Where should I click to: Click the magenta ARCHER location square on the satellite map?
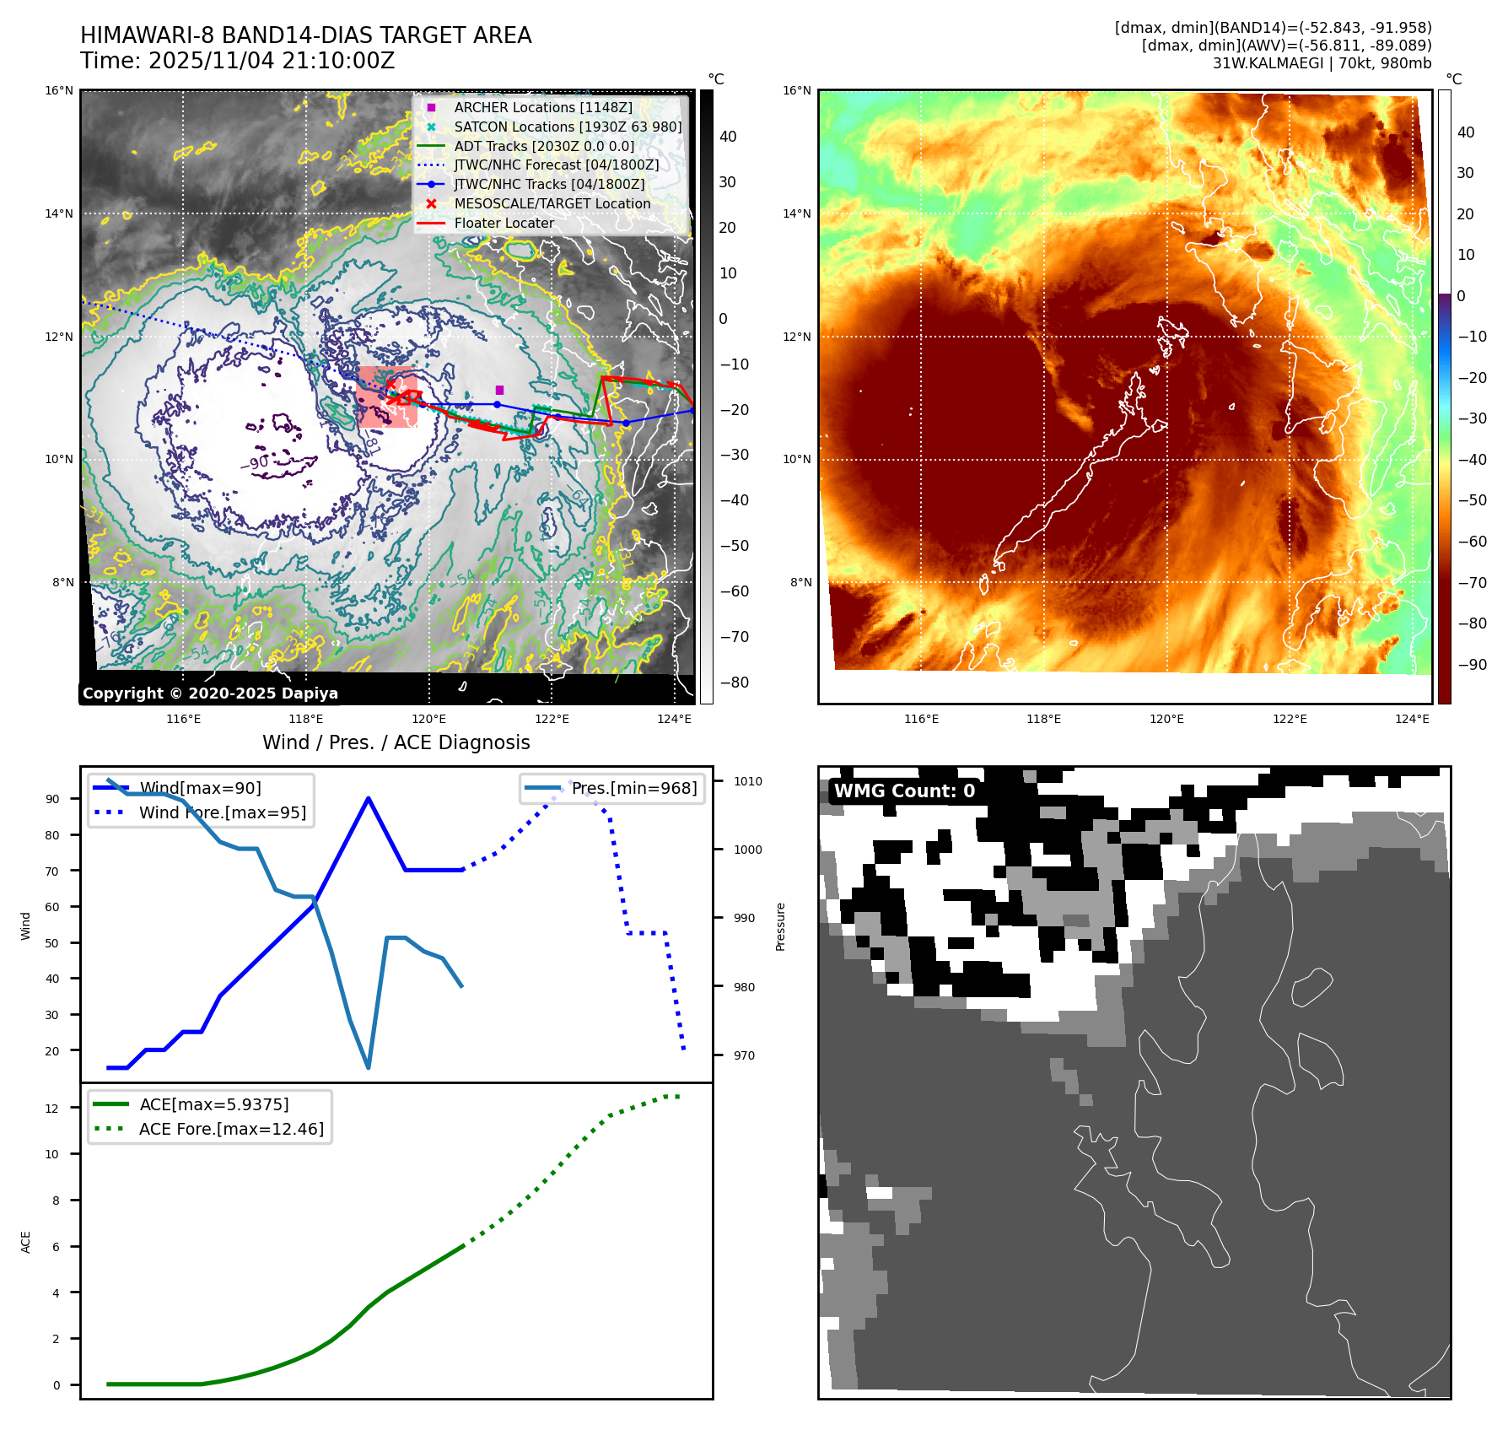pos(499,390)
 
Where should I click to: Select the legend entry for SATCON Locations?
pos(567,127)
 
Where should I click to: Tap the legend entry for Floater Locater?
pos(504,223)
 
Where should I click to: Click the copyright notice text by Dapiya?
pos(210,693)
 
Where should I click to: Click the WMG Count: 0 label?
pos(904,791)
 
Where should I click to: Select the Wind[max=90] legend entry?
pos(200,788)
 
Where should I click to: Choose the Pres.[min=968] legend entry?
pos(633,788)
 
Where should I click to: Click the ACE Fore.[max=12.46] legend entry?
pos(230,1129)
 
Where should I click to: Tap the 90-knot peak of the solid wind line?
pos(369,798)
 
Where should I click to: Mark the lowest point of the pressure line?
pos(369,1068)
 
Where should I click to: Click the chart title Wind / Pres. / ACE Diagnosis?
pos(396,742)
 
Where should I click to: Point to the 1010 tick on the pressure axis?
pos(747,781)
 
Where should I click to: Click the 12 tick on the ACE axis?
pos(52,1109)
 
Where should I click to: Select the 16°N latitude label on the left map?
pos(59,91)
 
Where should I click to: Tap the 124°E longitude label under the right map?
pos(1412,719)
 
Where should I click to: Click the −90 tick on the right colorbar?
pos(1473,665)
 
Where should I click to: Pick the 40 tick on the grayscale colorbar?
pos(728,137)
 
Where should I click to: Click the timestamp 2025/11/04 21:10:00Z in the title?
pos(271,61)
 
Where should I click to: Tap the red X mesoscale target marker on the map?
pos(390,385)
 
